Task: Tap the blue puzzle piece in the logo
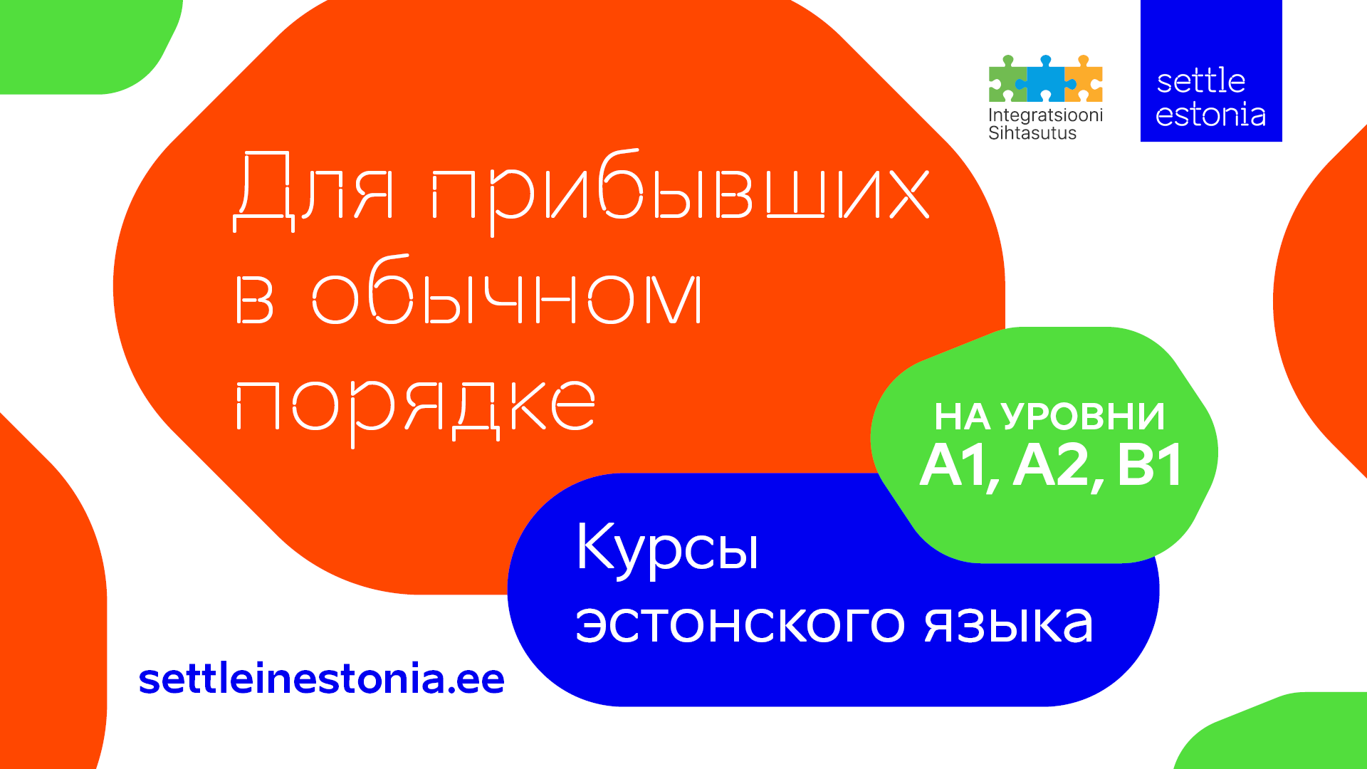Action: (x=1045, y=80)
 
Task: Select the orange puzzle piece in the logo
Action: (x=1084, y=80)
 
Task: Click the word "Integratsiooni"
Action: (x=1045, y=115)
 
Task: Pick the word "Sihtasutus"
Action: (x=1032, y=133)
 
